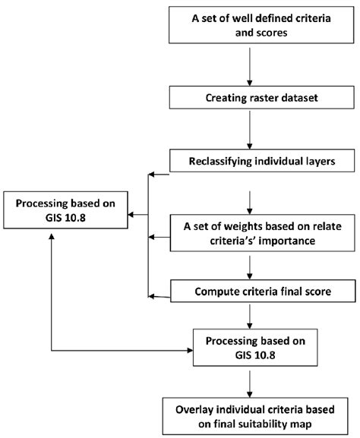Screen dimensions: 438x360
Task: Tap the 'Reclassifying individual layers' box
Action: tap(250, 162)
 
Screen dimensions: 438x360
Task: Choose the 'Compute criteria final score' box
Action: tap(250, 290)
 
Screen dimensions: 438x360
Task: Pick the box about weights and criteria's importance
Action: tap(250, 233)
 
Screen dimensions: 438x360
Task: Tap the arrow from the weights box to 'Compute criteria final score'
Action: tap(250, 266)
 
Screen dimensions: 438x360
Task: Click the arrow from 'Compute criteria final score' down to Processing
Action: tap(250, 313)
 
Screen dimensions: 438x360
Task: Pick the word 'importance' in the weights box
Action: tap(279, 240)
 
